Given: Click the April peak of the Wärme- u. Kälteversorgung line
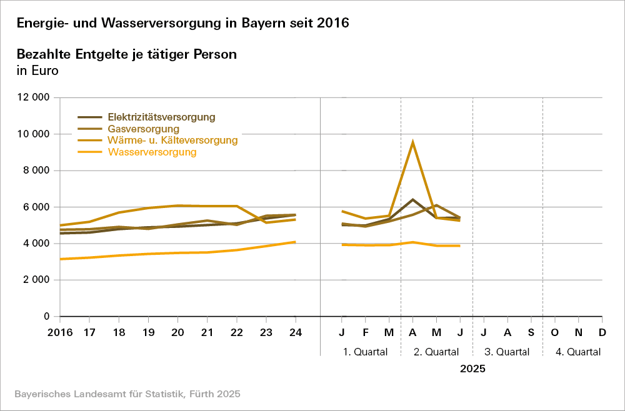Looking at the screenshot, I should point(412,142).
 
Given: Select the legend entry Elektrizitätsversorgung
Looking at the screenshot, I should point(161,117).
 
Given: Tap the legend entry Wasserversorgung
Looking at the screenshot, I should point(152,152).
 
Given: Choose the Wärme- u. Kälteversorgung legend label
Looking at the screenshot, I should point(172,141).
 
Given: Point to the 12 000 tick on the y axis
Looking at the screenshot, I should point(34,97).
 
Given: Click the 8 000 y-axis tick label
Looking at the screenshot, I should point(36,171).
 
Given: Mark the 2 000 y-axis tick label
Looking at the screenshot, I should point(36,280).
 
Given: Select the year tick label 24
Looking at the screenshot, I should point(296,332).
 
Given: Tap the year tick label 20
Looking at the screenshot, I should point(178,332).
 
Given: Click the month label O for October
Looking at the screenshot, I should point(554,332).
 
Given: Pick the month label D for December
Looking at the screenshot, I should point(602,332).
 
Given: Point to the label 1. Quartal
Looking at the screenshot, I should point(366,352).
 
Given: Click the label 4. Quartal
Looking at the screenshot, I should point(578,352).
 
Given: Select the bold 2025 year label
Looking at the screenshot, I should point(472,369).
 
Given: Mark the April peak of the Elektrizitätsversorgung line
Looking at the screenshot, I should point(412,200).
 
